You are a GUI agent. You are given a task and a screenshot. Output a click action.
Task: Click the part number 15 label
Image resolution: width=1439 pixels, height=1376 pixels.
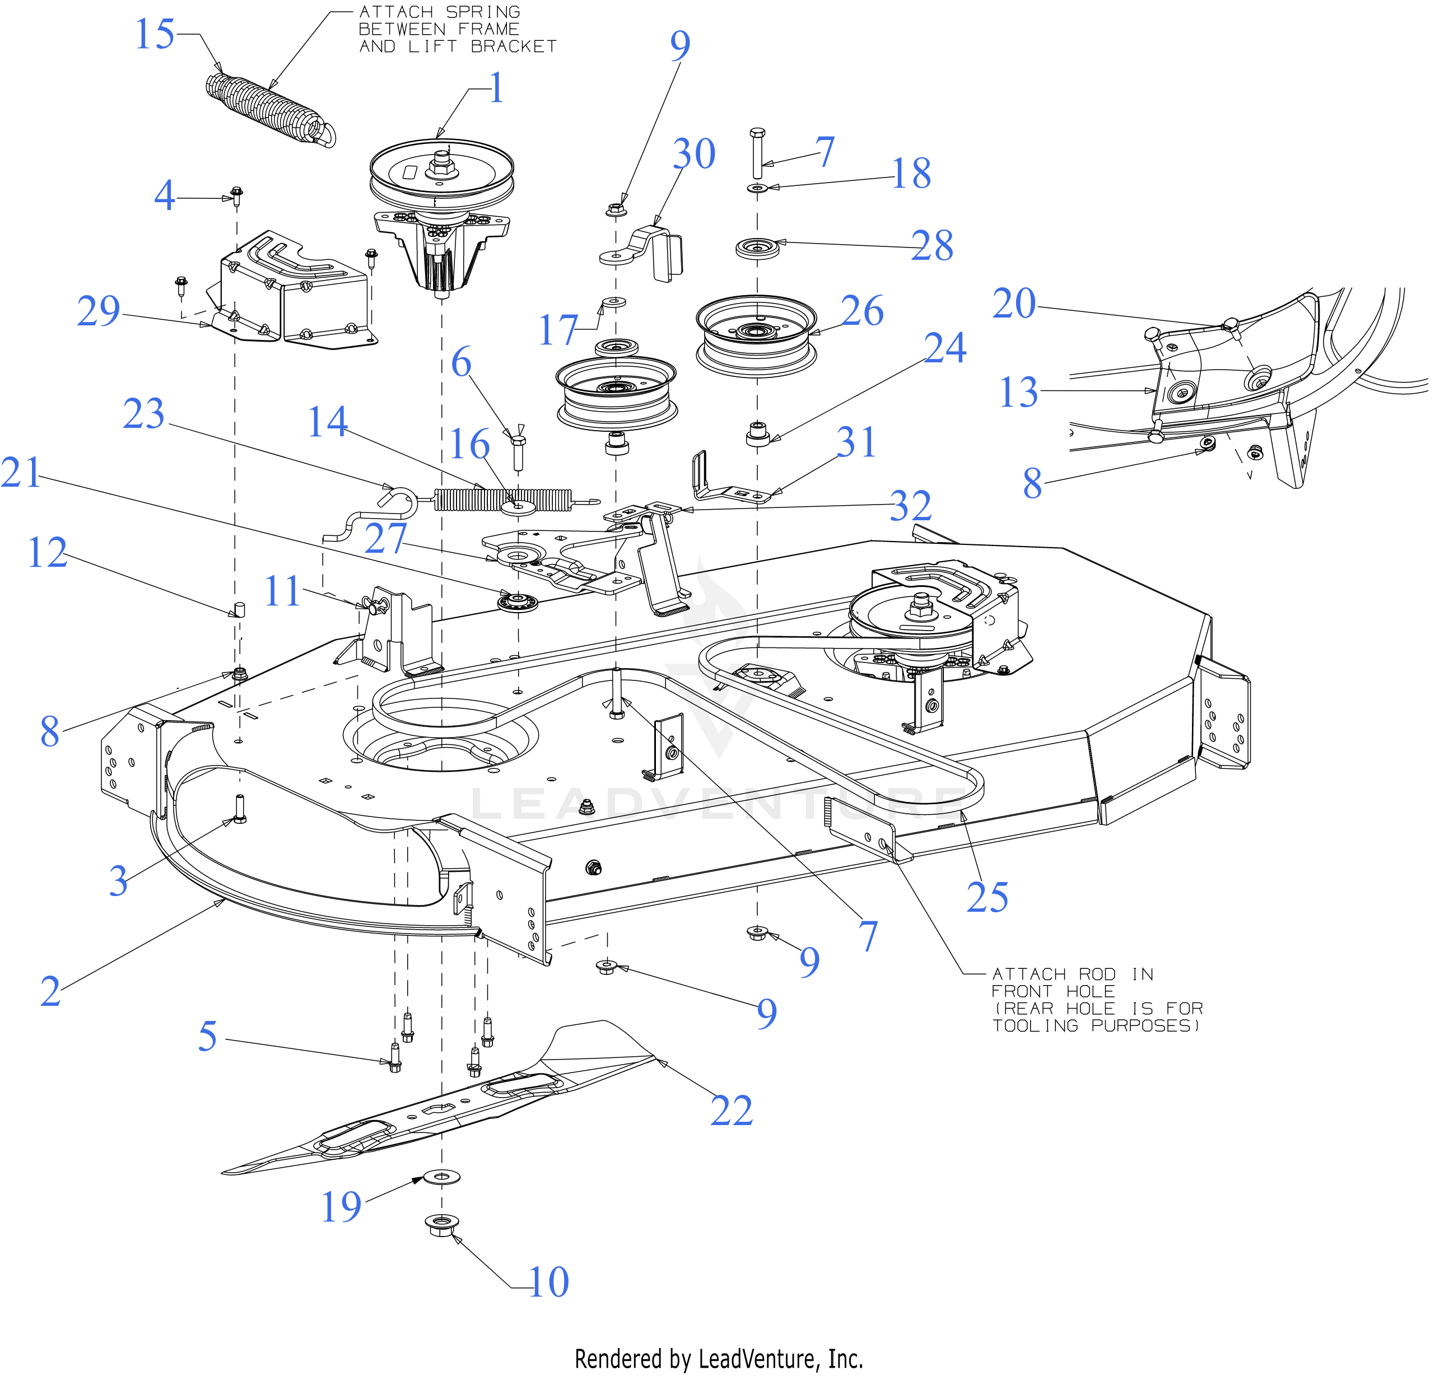click(155, 35)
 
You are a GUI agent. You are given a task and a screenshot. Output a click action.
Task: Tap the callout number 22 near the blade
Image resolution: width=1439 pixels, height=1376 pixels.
click(731, 1111)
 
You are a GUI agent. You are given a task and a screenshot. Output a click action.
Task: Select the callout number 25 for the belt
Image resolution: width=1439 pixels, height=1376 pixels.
click(987, 897)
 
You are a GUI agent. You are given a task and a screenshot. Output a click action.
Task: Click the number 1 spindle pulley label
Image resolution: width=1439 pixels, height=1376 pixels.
click(496, 88)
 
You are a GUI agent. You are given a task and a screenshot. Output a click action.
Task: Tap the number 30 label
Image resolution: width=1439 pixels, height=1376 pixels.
click(694, 153)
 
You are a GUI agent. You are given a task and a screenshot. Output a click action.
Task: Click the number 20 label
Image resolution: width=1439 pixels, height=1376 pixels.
click(1014, 303)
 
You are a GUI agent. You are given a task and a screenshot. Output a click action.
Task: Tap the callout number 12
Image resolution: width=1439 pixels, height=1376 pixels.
click(47, 552)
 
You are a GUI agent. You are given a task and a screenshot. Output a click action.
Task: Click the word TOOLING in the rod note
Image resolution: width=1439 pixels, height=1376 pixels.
click(1035, 1025)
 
